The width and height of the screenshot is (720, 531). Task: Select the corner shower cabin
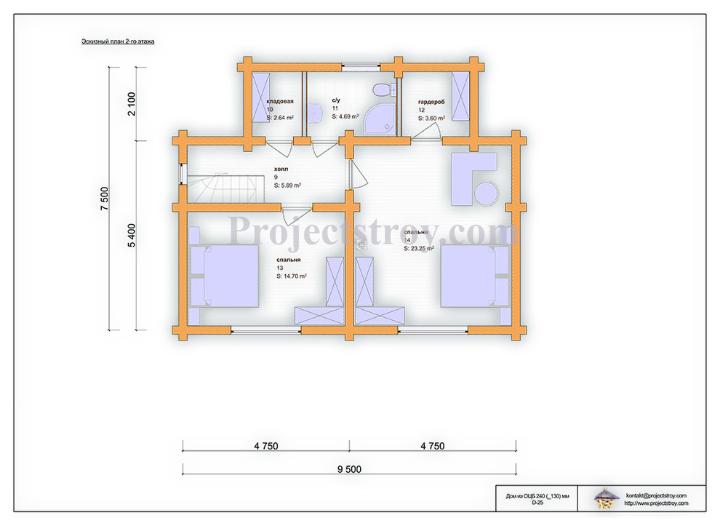click(x=380, y=119)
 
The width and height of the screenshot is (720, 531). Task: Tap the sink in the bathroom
click(x=314, y=113)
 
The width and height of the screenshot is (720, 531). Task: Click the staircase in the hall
click(x=225, y=188)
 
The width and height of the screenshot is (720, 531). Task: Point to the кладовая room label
click(x=280, y=101)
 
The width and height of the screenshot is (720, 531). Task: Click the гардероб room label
click(x=431, y=102)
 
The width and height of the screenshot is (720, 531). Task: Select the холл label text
click(x=281, y=169)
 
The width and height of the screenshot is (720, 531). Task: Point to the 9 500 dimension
click(x=349, y=469)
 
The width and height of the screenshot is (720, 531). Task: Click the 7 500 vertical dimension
click(x=105, y=199)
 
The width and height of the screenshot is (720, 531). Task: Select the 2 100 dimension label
click(x=132, y=104)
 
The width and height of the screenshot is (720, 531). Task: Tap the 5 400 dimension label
click(x=132, y=235)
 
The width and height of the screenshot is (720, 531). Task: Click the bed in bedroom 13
click(x=224, y=276)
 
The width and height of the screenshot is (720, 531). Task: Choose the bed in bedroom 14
click(x=475, y=276)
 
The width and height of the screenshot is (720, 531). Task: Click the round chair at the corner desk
click(x=486, y=193)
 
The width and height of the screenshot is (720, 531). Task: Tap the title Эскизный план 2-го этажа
click(x=118, y=41)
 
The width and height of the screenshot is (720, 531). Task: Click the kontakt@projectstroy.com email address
click(x=656, y=495)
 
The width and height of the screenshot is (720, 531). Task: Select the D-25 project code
click(x=537, y=503)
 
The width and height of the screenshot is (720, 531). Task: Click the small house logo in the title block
click(x=605, y=498)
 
